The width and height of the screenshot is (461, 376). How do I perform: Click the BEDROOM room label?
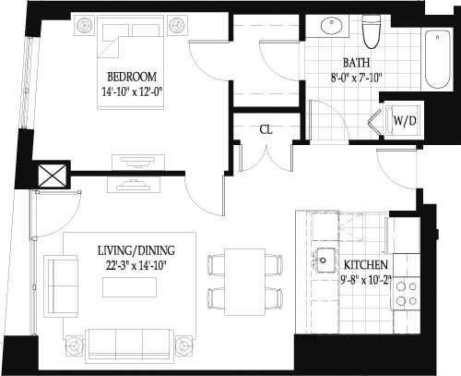pos(132,76)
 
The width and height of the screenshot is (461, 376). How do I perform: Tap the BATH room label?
pos(356,63)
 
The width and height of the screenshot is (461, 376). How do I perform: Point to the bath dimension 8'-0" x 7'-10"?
pos(356,78)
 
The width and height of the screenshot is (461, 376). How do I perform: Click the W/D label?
pos(404,120)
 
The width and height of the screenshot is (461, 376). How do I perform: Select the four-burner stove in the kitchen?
pos(405,293)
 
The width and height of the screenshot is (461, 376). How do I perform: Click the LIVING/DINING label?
pos(136,250)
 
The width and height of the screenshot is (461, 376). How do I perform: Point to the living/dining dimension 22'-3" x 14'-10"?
pos(136,264)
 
